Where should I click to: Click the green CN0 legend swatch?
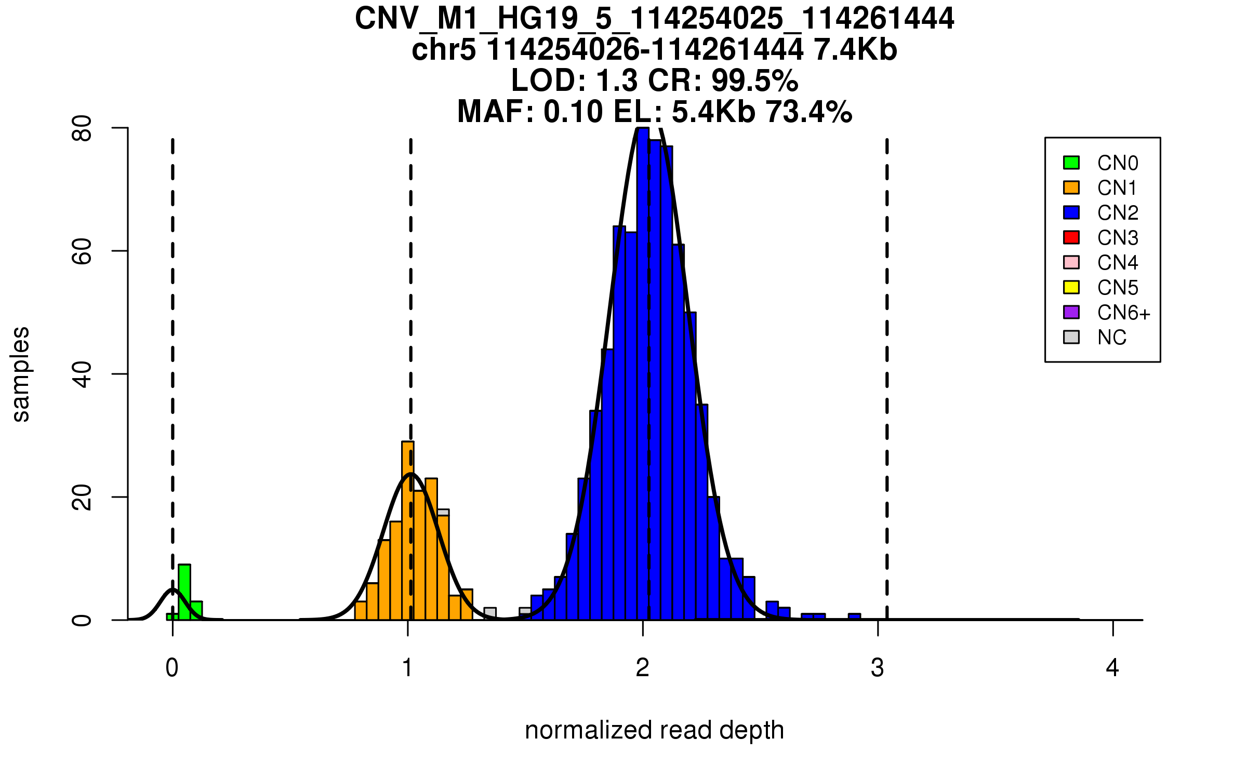pos(1071,163)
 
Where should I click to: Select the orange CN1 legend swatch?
pos(1071,187)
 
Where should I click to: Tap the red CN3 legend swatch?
pos(1071,237)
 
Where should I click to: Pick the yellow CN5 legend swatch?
pos(1071,287)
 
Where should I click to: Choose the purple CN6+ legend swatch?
pos(1071,312)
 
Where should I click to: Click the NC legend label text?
pos(1112,338)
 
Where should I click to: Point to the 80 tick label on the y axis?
pos(82,128)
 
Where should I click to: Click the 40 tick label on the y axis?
pos(82,374)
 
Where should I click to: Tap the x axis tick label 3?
pos(878,668)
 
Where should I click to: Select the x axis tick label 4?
pos(1112,668)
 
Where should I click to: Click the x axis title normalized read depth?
pos(654,730)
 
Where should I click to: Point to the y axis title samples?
pos(21,374)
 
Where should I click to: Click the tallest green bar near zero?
pos(184,592)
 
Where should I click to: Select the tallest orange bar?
pos(408,530)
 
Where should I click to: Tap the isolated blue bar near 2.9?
pos(854,617)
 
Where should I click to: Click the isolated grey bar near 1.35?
pos(490,614)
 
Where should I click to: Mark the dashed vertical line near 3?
pos(887,364)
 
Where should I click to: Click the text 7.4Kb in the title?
pos(855,50)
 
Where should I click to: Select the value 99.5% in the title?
pos(754,80)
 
